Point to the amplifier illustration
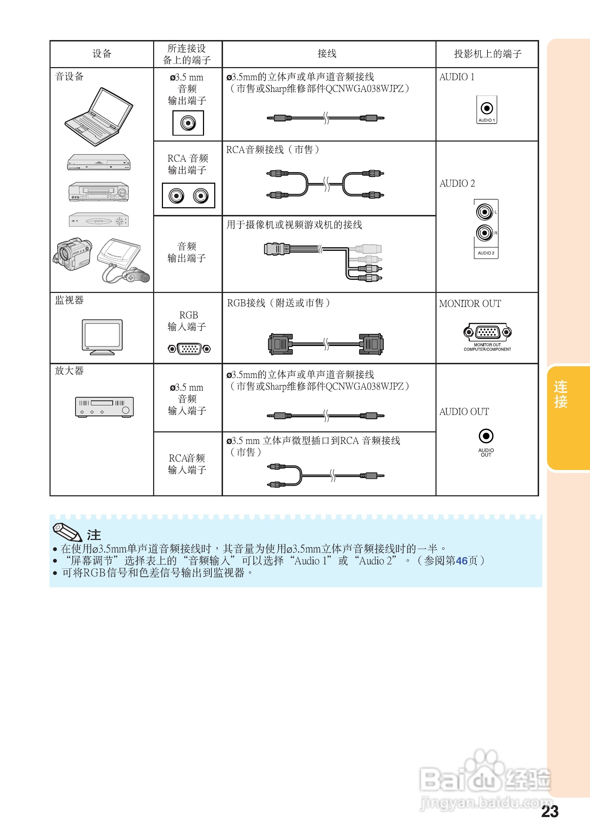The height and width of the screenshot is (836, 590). point(104,407)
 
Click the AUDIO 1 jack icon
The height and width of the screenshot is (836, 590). point(487,108)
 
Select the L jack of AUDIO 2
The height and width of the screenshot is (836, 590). point(484,211)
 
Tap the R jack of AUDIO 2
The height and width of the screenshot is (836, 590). point(484,233)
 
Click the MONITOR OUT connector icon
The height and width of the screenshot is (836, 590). point(487,332)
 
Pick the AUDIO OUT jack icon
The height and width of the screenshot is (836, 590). point(486,436)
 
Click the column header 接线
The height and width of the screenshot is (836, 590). point(327,54)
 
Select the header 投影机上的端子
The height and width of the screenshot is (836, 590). point(487,54)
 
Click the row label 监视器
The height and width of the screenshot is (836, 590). point(69,300)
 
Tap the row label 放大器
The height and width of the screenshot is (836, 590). point(69,371)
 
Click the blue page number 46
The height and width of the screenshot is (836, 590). point(461,561)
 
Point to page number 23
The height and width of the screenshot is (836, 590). point(549,812)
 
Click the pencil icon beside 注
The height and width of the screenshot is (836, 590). point(67,532)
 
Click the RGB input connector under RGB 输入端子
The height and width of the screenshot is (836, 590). point(189,349)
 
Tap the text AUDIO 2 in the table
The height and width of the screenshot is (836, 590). point(457,183)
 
